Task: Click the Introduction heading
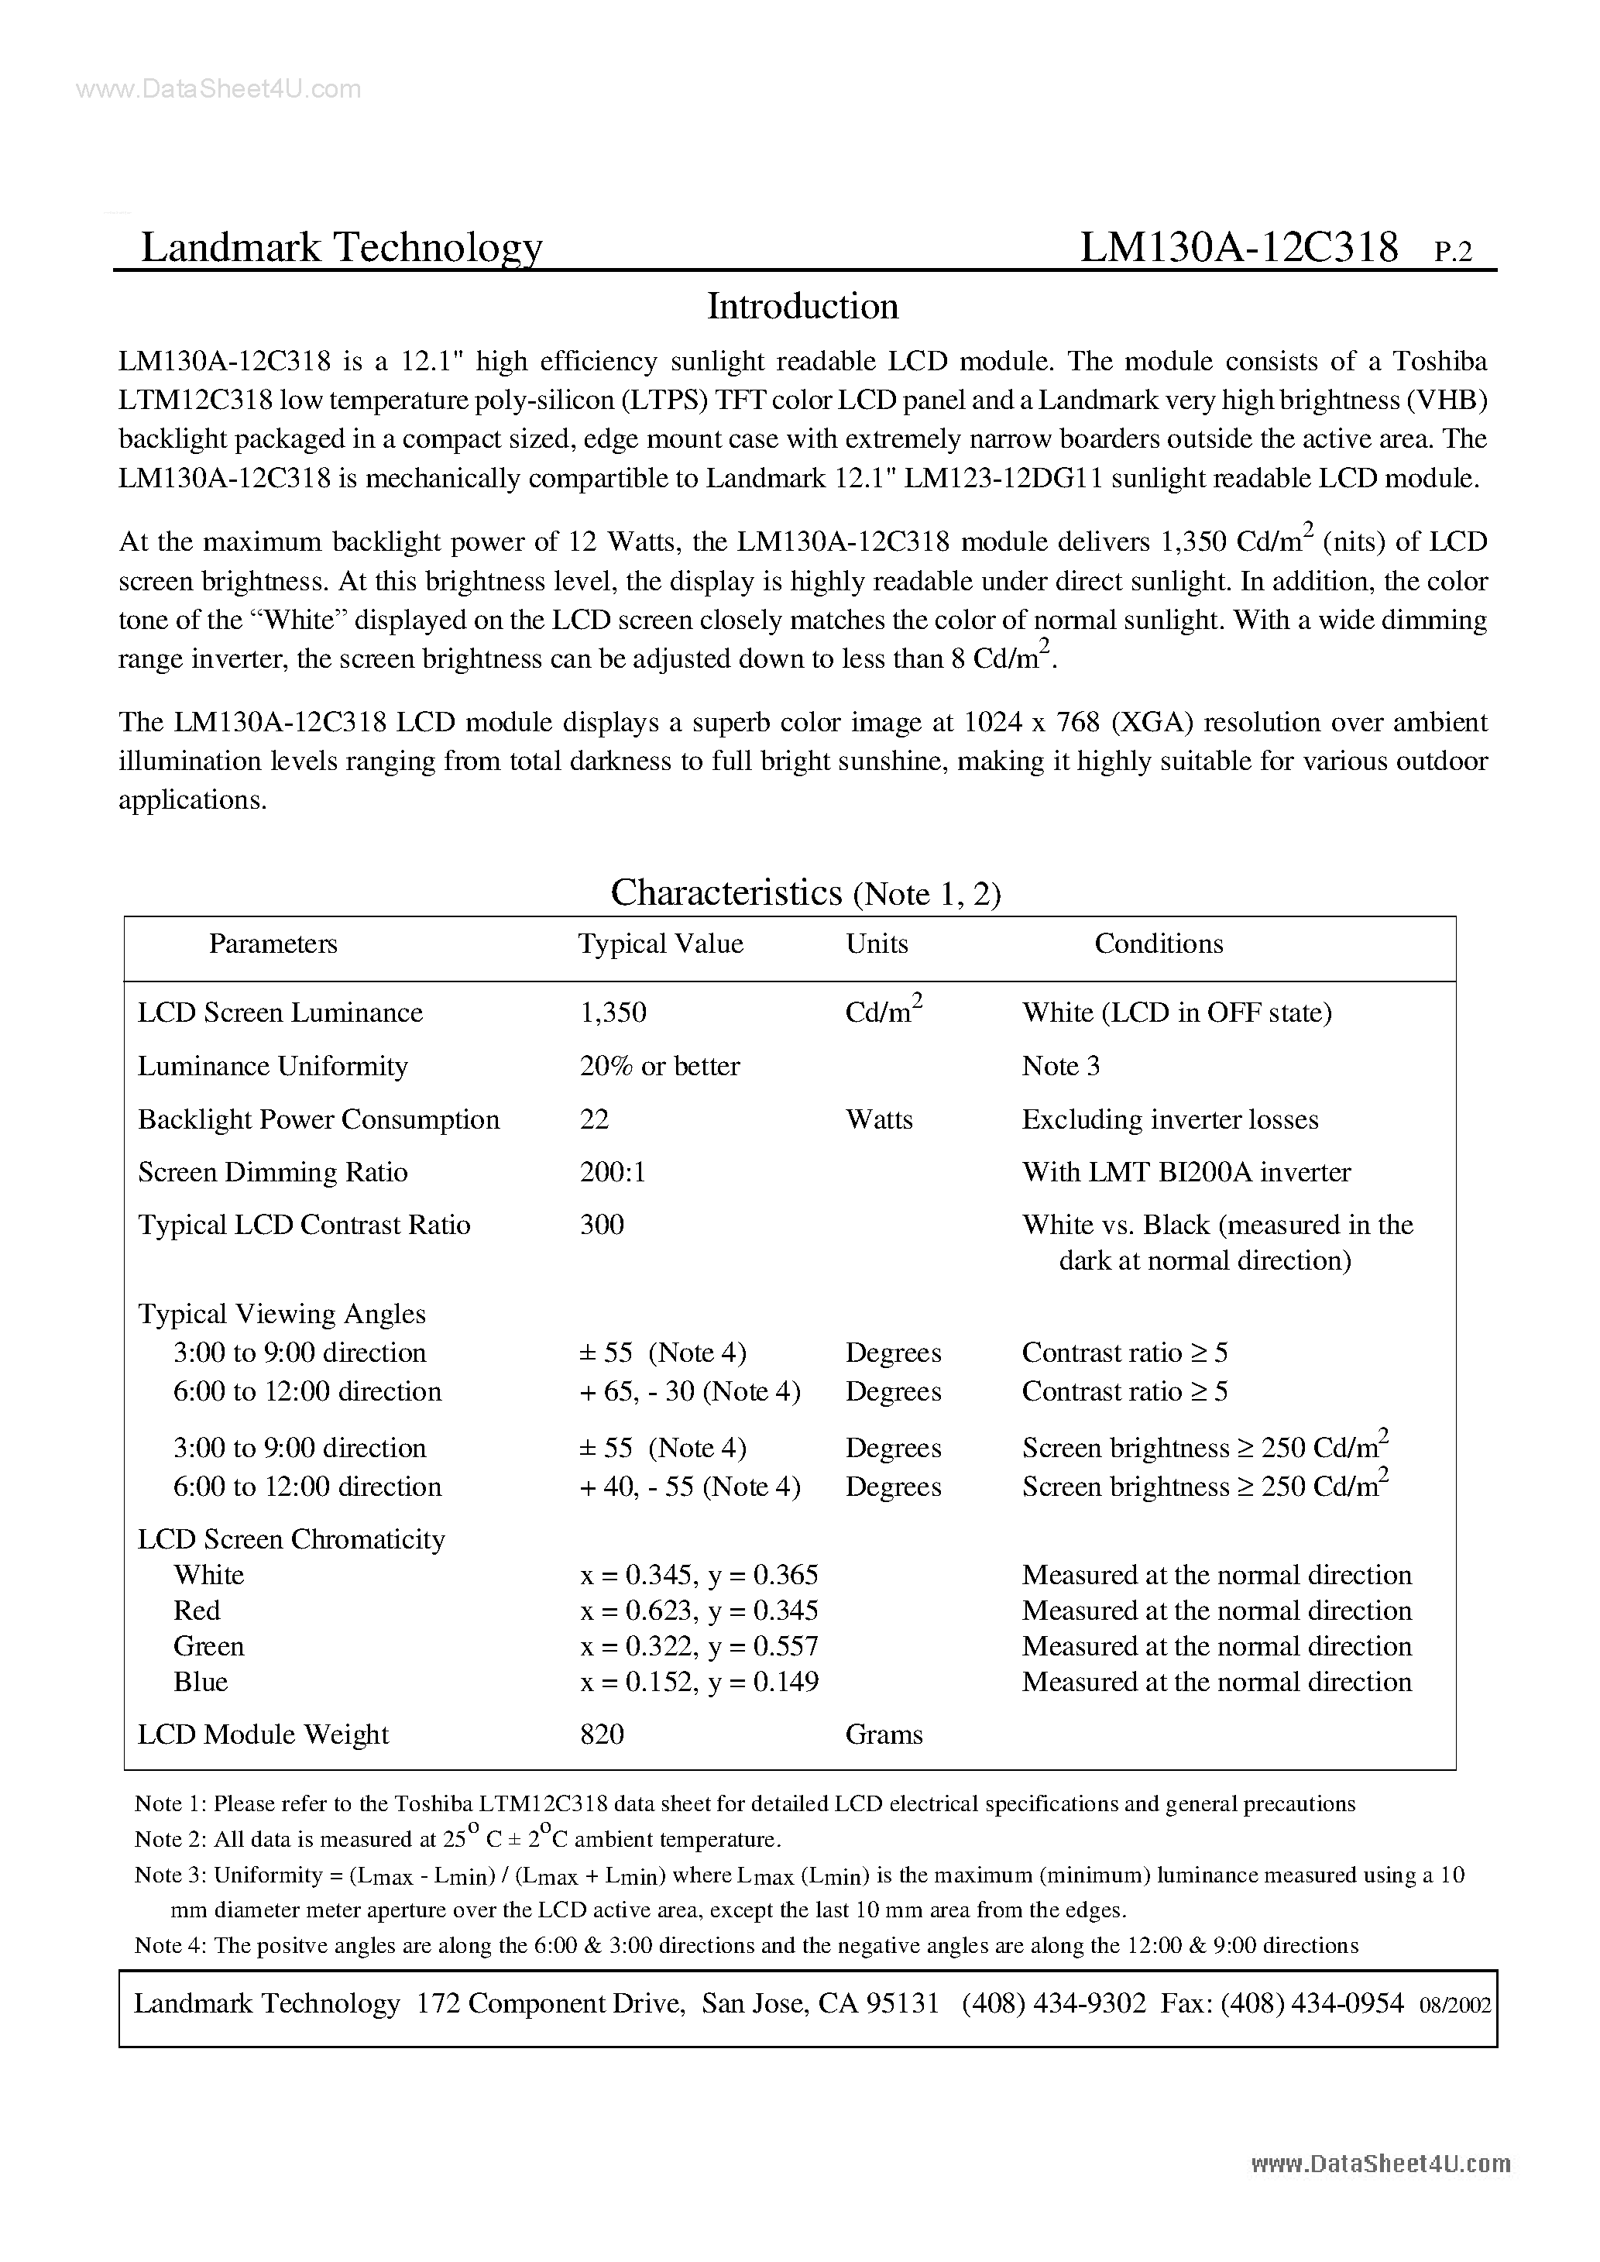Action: pos(802,308)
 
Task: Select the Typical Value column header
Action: pos(660,944)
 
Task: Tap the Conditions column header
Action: pos(1159,944)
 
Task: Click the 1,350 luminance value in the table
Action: pos(613,1012)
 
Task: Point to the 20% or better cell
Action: pos(659,1066)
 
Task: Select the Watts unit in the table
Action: pos(879,1119)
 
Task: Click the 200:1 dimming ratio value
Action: pos(612,1172)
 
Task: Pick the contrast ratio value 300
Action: pos(601,1225)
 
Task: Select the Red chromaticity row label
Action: pos(197,1611)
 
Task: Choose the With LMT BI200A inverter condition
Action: pos(1186,1172)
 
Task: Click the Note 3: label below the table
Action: pos(170,1875)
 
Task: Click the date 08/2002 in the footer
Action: pos(1454,2006)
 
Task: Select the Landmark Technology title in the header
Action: pos(341,247)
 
